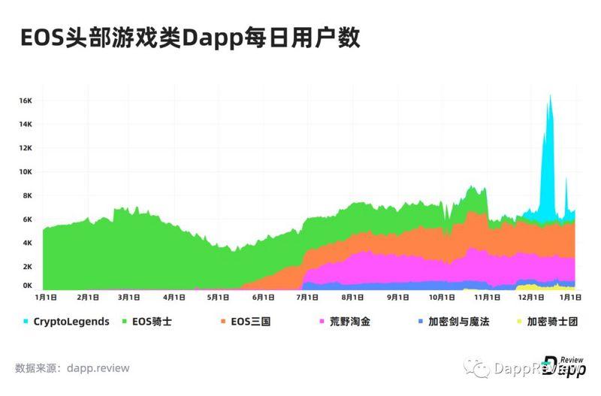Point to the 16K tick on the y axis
[x=26, y=101]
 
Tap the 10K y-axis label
[x=26, y=172]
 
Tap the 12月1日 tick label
[x=530, y=298]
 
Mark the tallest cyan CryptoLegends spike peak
[x=550, y=95]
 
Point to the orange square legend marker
[x=224, y=322]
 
